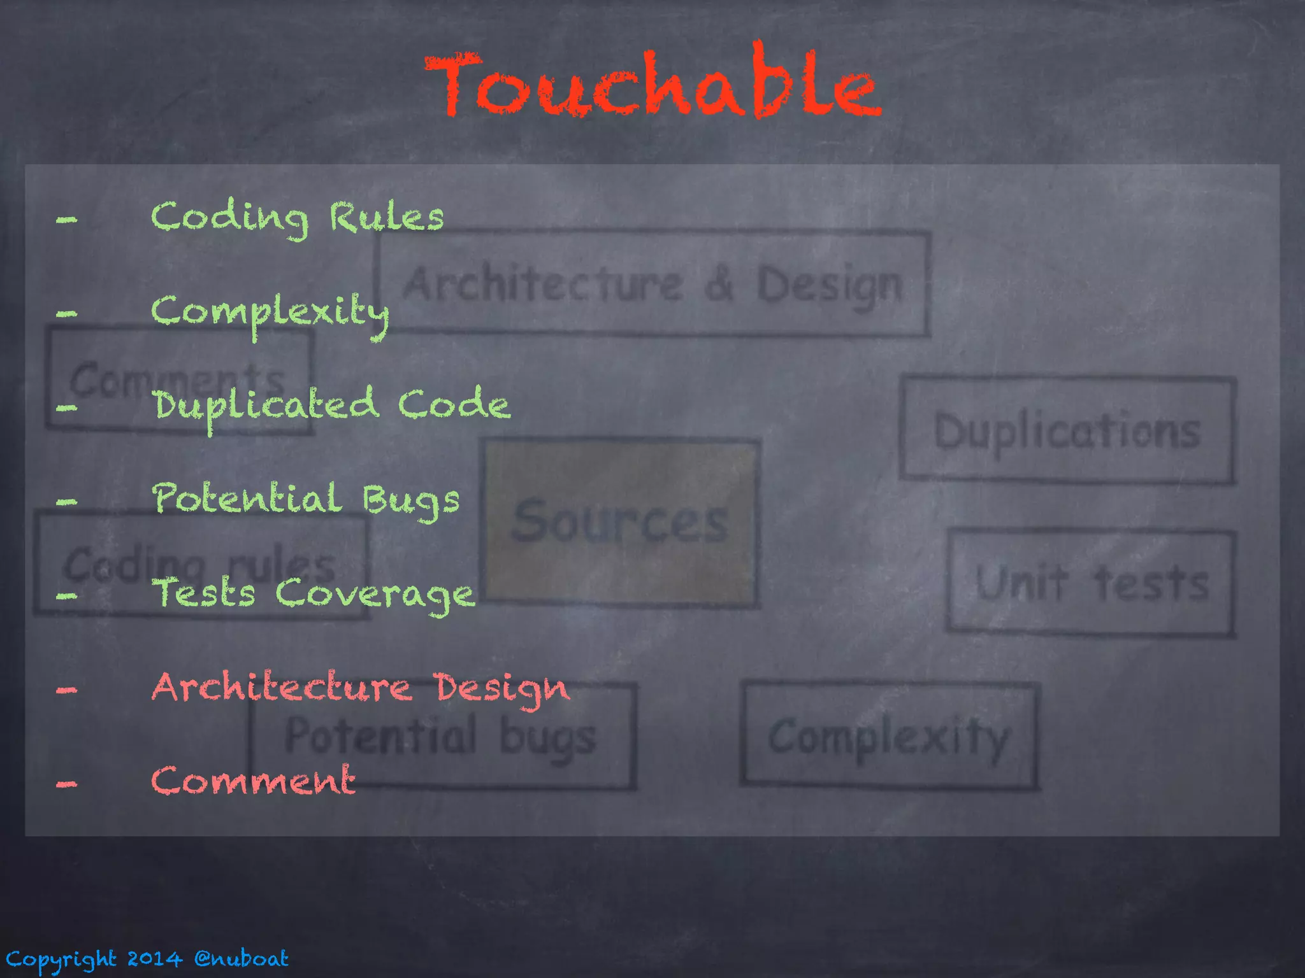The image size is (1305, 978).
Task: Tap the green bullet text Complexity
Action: [270, 312]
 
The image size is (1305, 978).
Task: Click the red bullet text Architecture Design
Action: [361, 688]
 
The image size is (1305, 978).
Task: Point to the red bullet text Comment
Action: [253, 781]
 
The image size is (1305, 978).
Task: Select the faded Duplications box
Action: [1067, 430]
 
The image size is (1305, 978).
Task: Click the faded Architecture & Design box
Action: [652, 284]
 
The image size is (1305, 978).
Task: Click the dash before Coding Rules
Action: [66, 220]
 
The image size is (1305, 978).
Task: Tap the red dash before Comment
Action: [66, 784]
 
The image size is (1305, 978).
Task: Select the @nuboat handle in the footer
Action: [242, 958]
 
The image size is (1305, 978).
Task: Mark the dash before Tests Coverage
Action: [66, 596]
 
